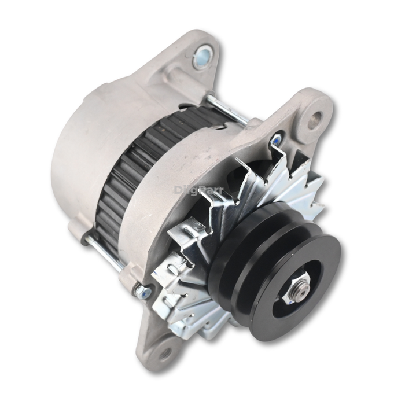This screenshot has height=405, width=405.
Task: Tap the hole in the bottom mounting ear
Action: (164, 352)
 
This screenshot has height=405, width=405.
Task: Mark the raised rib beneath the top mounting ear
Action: (174, 81)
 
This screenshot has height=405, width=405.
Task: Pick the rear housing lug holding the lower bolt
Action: (79, 231)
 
